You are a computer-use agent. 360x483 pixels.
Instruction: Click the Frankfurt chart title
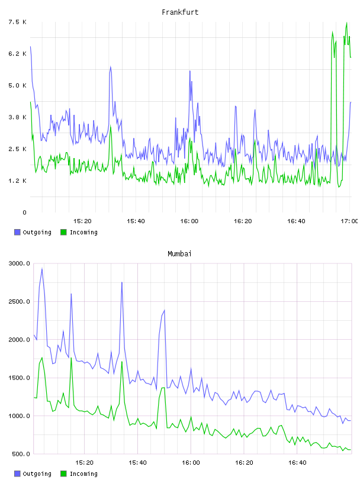click(x=180, y=12)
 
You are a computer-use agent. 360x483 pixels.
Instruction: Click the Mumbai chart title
click(x=179, y=254)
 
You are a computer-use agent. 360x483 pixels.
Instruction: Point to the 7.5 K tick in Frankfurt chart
click(x=18, y=22)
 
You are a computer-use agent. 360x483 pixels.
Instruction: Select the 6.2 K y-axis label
click(x=18, y=54)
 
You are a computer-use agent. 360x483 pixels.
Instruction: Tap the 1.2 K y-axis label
click(x=18, y=181)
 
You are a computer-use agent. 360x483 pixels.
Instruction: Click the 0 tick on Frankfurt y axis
click(x=25, y=212)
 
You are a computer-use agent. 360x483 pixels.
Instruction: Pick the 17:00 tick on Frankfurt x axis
click(x=349, y=221)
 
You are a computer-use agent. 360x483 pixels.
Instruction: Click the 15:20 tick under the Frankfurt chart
click(x=82, y=221)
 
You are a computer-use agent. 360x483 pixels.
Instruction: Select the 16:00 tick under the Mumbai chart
click(x=191, y=463)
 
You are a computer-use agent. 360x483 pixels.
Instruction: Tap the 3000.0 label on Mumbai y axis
click(x=20, y=263)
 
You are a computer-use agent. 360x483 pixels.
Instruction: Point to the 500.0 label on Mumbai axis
click(x=21, y=454)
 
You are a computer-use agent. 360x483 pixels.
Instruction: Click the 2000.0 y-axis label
click(x=20, y=340)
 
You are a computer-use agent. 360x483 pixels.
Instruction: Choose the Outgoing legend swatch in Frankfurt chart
click(x=17, y=232)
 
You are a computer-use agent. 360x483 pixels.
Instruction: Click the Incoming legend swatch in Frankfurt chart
click(x=63, y=232)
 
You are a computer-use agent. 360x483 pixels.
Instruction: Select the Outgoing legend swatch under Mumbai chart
click(x=17, y=474)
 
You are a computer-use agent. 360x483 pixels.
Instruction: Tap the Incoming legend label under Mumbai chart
click(x=83, y=474)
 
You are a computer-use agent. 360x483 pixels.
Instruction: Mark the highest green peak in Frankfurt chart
click(x=347, y=22)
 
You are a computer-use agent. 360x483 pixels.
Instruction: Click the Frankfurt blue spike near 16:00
click(x=190, y=71)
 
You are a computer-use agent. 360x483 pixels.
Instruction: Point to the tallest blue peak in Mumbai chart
click(x=42, y=269)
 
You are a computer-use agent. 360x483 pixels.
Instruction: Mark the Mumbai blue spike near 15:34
click(x=122, y=282)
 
